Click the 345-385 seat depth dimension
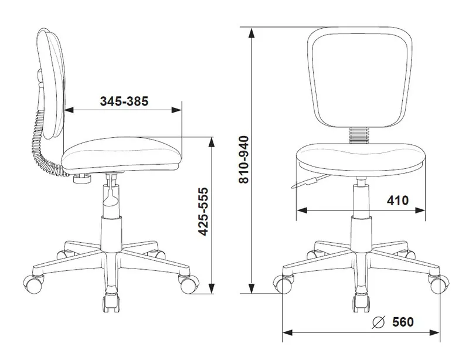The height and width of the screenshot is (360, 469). pos(124,101)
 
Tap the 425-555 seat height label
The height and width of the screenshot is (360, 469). pos(203,212)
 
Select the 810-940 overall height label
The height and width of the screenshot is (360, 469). pos(244,159)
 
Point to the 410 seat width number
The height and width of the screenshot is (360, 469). pos(397,201)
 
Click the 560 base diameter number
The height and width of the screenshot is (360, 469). pos(403,322)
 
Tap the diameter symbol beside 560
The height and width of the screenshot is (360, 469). pos(378,322)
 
